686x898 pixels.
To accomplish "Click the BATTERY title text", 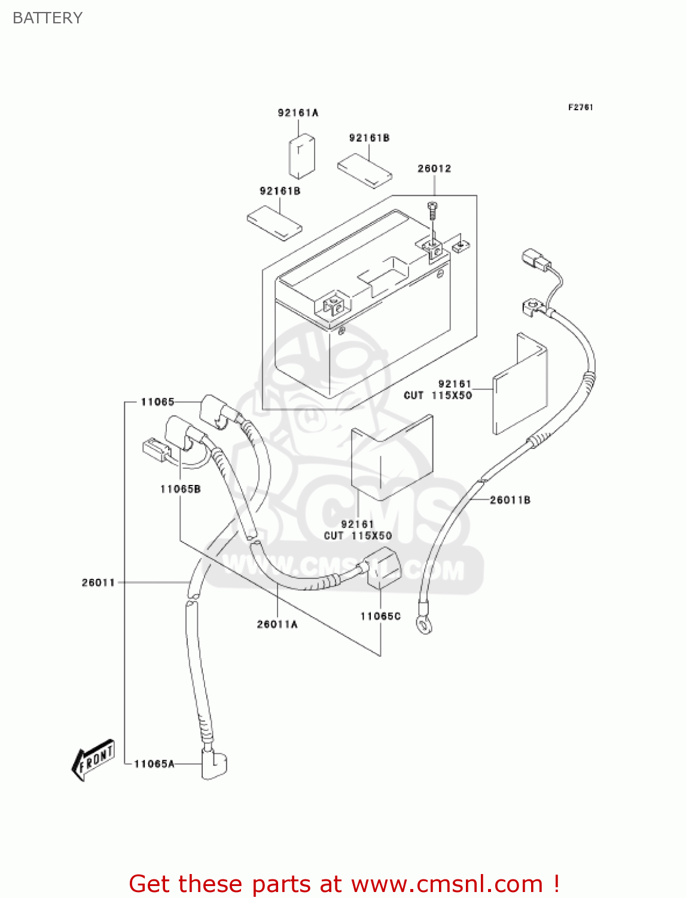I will point(47,18).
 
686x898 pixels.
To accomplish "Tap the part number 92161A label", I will point(298,113).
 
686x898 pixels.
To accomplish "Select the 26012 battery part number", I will point(434,168).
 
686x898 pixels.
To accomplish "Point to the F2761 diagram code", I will point(580,107).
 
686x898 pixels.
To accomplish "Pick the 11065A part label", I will point(154,764).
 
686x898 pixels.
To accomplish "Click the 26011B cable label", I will point(510,500).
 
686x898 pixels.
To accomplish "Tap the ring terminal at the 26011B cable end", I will point(425,626).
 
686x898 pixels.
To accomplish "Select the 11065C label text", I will point(380,616).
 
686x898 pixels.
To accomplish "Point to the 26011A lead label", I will point(277,624).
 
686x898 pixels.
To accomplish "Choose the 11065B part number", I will point(180,489).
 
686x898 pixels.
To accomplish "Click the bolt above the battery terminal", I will point(432,213).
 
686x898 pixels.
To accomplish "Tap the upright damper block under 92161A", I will point(302,156).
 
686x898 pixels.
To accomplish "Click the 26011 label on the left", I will point(98,583).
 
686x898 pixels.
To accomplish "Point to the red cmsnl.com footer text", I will point(344,884).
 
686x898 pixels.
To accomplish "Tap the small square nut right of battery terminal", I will point(461,245).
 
